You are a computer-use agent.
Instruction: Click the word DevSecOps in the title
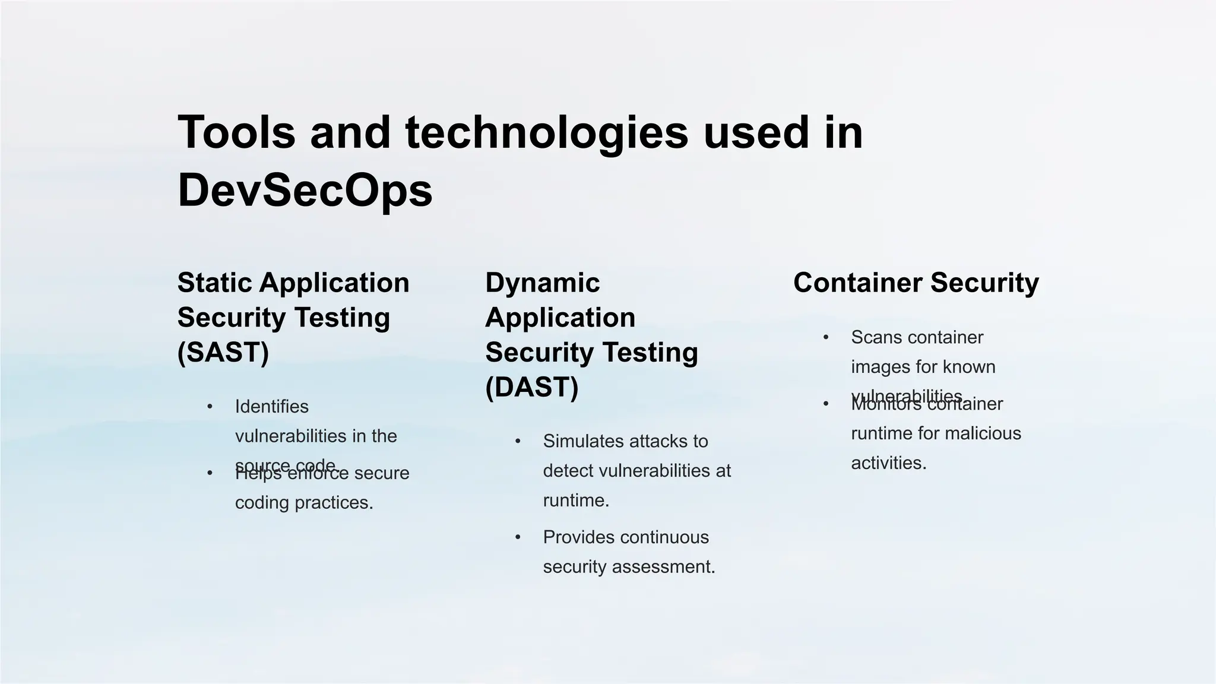[305, 190]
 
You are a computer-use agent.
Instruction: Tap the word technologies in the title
[546, 132]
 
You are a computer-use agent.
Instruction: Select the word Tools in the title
[236, 132]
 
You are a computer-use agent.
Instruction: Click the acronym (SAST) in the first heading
[223, 352]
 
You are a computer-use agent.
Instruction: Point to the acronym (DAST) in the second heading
[531, 387]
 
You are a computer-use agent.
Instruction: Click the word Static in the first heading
[215, 283]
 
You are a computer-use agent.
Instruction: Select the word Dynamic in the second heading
[542, 283]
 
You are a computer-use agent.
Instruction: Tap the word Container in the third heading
[857, 283]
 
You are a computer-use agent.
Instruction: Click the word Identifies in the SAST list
[271, 407]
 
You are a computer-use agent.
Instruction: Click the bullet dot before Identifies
[210, 407]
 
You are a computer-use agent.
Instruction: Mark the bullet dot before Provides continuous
[518, 537]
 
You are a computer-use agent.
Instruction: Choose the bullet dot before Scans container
[825, 337]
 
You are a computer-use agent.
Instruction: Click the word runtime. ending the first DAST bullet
[576, 501]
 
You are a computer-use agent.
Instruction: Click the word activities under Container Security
[888, 463]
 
